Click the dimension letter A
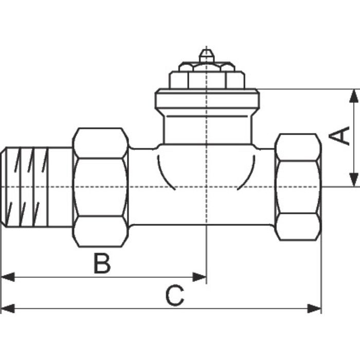(339, 137)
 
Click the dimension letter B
(102, 263)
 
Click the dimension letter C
(174, 296)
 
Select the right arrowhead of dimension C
(314, 309)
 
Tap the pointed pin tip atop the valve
(206, 53)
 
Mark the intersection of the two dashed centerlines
(206, 186)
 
